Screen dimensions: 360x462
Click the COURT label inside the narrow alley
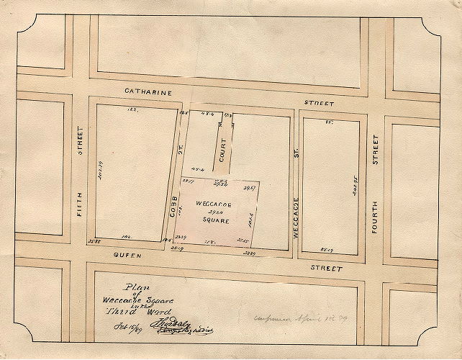click(223, 149)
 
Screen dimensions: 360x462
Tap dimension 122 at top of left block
click(131, 110)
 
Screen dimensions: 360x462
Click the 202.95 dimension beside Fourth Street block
click(354, 189)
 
